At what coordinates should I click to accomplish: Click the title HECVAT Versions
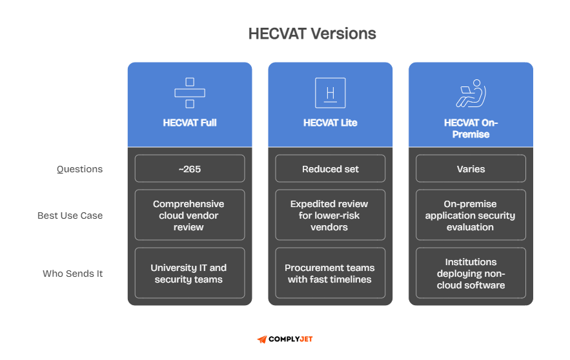coord(312,34)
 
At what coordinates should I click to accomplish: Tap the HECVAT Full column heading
coord(190,123)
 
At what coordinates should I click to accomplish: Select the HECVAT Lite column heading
coord(330,123)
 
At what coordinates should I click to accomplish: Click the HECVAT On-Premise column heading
coord(471,128)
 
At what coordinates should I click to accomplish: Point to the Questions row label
coord(79,169)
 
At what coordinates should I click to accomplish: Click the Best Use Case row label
coord(70,215)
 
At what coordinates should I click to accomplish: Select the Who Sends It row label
coord(73,274)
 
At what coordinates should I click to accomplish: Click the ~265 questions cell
coord(190,169)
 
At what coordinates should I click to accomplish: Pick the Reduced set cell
coord(330,169)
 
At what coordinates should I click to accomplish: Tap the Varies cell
coord(471,169)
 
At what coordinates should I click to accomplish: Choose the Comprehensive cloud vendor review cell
coord(190,215)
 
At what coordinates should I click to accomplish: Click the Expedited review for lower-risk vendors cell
coord(330,215)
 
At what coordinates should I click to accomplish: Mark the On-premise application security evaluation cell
coord(471,215)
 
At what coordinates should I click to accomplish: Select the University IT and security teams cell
coord(190,274)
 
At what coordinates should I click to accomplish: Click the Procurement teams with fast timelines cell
coord(330,274)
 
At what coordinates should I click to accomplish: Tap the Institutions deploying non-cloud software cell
coord(471,274)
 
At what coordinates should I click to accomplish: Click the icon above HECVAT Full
coord(190,93)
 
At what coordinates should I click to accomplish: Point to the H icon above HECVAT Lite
coord(330,93)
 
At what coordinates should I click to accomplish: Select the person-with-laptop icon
coord(471,93)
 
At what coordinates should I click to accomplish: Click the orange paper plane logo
coord(261,339)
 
